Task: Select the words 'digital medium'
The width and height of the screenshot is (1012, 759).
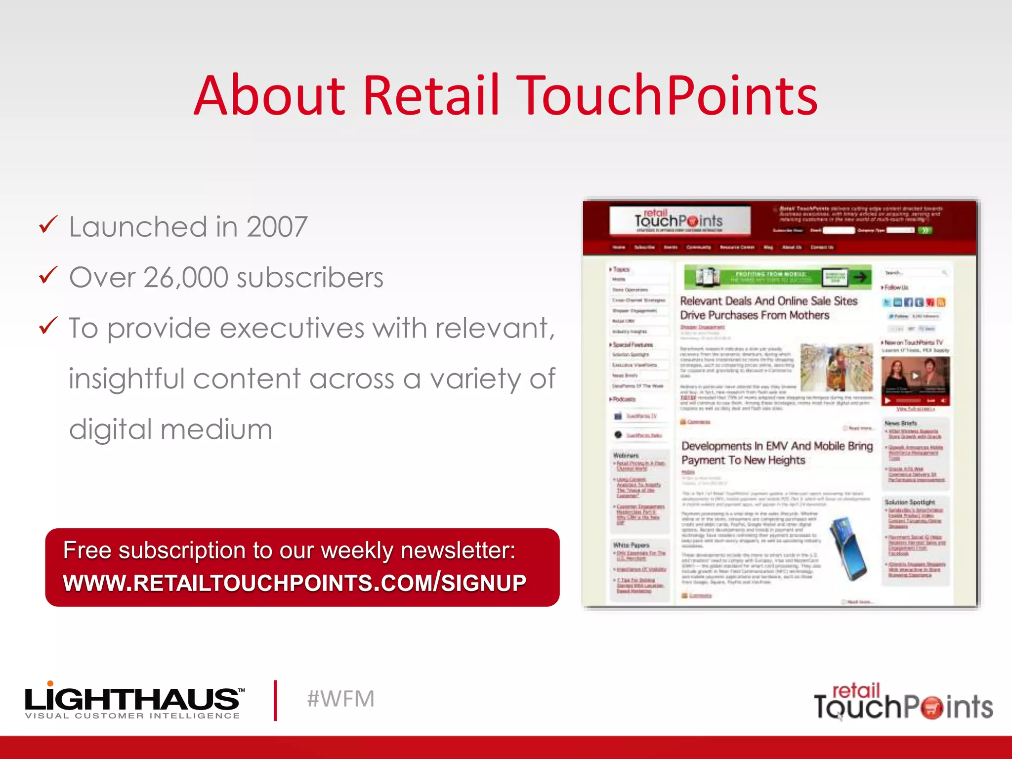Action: [170, 429]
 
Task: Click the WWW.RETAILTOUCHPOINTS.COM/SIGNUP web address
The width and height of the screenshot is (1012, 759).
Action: [295, 583]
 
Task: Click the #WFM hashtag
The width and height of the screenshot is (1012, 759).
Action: [340, 699]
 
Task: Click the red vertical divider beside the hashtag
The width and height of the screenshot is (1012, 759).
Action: [276, 700]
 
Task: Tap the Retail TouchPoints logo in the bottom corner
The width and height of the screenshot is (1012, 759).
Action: [903, 702]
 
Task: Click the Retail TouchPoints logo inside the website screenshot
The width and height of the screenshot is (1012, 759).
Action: [679, 220]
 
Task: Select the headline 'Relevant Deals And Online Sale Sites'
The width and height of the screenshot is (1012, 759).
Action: [768, 301]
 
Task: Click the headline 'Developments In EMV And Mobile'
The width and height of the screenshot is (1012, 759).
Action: [777, 446]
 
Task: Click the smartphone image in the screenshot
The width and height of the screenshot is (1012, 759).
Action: [848, 548]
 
